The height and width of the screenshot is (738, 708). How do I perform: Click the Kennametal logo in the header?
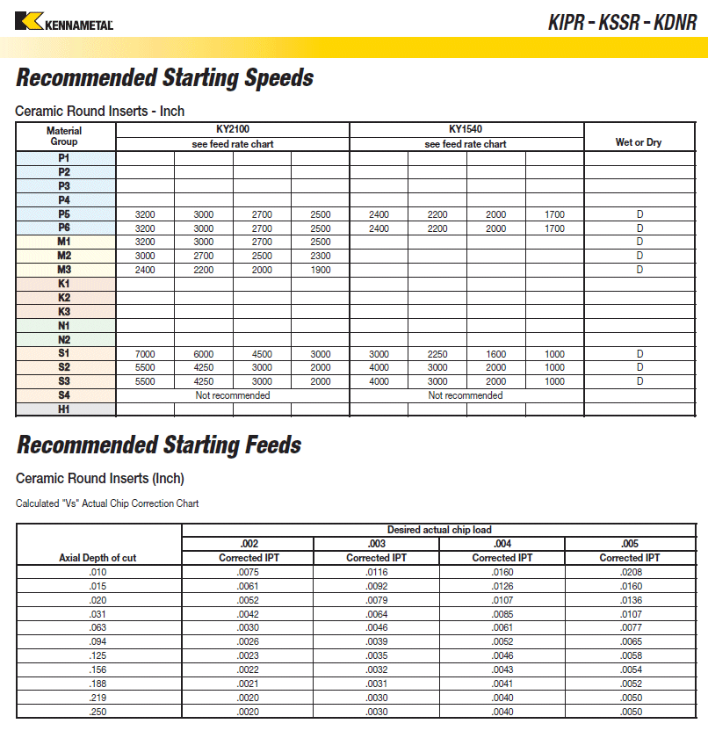(64, 21)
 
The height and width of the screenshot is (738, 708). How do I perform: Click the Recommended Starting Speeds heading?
(164, 78)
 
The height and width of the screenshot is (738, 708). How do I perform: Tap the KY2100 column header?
(233, 129)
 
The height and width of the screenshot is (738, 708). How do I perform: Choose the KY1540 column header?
(466, 129)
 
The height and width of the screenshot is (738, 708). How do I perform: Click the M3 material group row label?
(64, 270)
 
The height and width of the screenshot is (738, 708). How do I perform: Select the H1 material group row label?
(64, 409)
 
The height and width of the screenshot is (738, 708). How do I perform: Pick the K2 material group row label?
(64, 298)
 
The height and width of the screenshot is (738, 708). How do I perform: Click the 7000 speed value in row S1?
(145, 354)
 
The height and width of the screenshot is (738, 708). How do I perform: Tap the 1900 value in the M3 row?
(321, 270)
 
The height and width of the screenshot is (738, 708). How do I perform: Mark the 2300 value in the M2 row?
(321, 256)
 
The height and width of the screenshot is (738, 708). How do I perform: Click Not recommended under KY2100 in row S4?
(233, 395)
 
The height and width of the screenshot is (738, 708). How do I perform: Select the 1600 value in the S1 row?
(496, 354)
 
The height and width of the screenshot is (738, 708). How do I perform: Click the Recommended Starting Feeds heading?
(159, 445)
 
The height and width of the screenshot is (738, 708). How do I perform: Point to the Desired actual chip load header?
(439, 530)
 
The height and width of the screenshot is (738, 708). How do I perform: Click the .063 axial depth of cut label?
(98, 628)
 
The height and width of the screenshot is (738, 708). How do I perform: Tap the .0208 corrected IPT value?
(631, 572)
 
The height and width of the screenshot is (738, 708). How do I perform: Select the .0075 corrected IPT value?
(249, 572)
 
